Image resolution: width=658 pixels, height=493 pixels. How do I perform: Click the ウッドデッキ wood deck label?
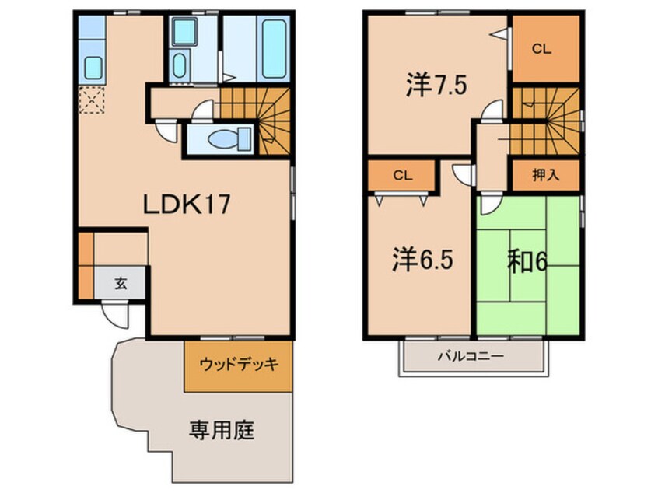coord(239,365)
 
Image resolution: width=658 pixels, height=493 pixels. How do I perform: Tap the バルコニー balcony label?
coord(469,356)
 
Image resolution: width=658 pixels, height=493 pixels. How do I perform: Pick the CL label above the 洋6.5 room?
coord(401,174)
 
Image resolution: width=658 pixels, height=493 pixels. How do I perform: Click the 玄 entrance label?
coord(121,283)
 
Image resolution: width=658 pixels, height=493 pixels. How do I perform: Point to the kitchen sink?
coord(93,68)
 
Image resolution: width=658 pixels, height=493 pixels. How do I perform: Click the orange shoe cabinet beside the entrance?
coord(85,264)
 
